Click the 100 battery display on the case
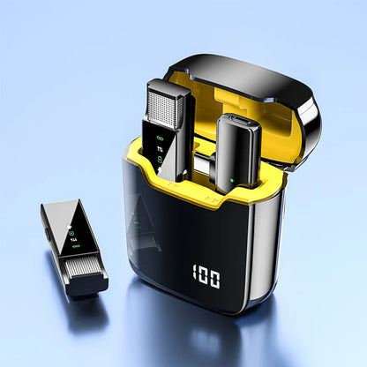click(x=205, y=279)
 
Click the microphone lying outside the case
click(x=74, y=247)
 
